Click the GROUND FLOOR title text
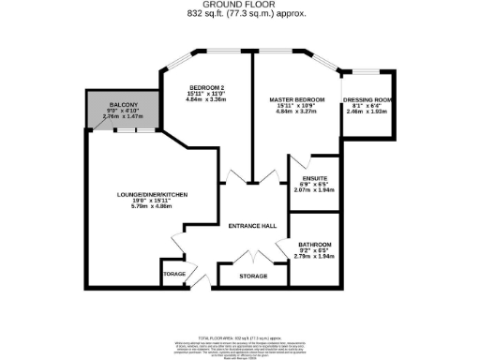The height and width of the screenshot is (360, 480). [x=240, y=5]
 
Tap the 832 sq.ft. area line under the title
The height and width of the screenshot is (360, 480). [x=240, y=14]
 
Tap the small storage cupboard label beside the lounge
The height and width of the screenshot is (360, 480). [x=174, y=275]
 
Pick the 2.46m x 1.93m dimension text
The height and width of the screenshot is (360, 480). [x=373, y=113]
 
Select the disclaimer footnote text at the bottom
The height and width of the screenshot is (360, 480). [x=240, y=346]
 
